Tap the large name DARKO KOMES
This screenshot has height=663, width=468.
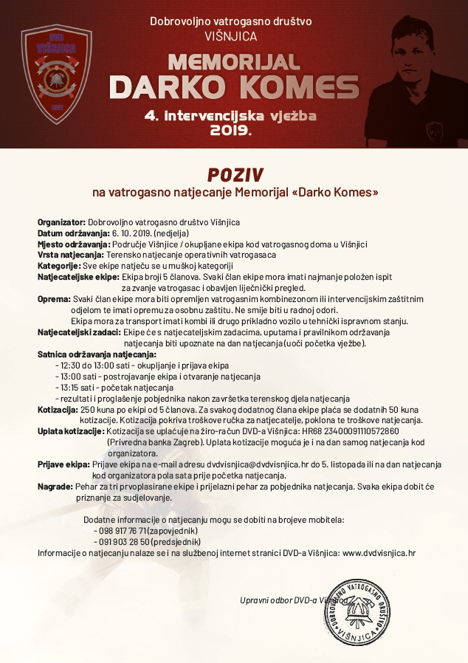[x=234, y=87]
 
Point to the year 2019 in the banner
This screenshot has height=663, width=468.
[x=230, y=131]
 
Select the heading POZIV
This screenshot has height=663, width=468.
[x=234, y=174]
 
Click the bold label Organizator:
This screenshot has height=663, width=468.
[x=62, y=221]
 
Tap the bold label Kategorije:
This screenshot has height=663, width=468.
[x=58, y=265]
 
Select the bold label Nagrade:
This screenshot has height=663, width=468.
[x=55, y=487]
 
